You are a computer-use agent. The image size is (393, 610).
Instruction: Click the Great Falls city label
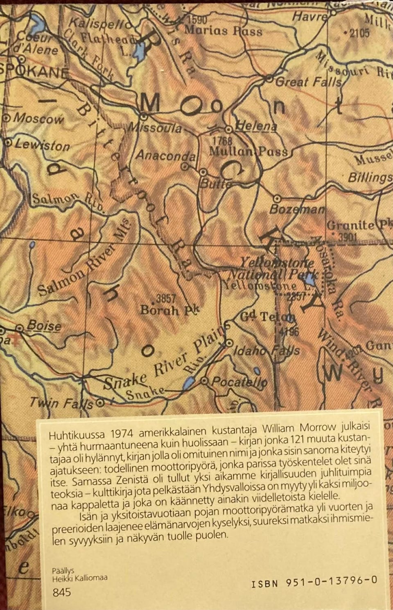tap(308, 82)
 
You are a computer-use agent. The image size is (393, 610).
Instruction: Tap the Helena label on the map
tap(257, 127)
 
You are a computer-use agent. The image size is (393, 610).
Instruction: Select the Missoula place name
tap(155, 129)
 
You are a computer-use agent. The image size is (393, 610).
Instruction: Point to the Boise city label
tap(44, 326)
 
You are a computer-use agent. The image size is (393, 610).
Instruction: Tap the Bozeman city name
tap(297, 209)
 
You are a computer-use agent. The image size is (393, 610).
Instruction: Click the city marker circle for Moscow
tap(6, 118)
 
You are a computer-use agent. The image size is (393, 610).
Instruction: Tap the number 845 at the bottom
tap(62, 592)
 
